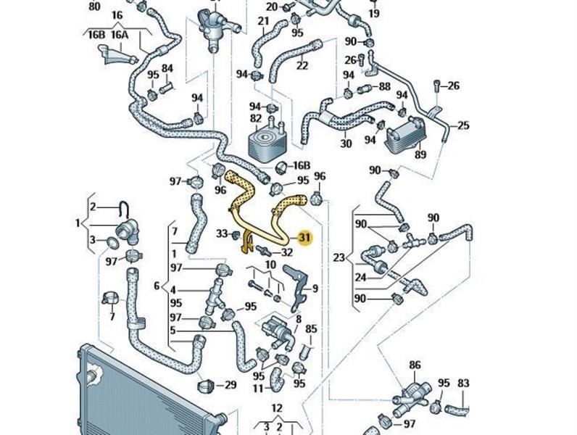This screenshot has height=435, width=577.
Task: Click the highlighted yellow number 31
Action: click(x=304, y=237)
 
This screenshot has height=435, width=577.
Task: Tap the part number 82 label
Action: click(x=255, y=117)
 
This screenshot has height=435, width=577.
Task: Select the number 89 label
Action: click(x=420, y=154)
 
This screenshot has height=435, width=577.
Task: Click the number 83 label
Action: click(x=464, y=383)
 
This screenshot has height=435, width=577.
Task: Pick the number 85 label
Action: click(x=311, y=328)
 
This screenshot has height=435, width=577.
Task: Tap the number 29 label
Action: click(x=231, y=384)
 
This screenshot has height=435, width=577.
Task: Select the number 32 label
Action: click(x=286, y=252)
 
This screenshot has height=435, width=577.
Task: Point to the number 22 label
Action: click(x=302, y=65)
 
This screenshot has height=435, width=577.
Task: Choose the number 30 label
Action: click(x=345, y=144)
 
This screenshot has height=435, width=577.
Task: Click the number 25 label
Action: click(x=464, y=125)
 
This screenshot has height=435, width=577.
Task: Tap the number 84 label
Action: click(x=167, y=69)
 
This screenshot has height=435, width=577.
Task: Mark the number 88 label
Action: click(x=384, y=87)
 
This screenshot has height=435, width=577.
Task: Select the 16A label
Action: click(x=119, y=34)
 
